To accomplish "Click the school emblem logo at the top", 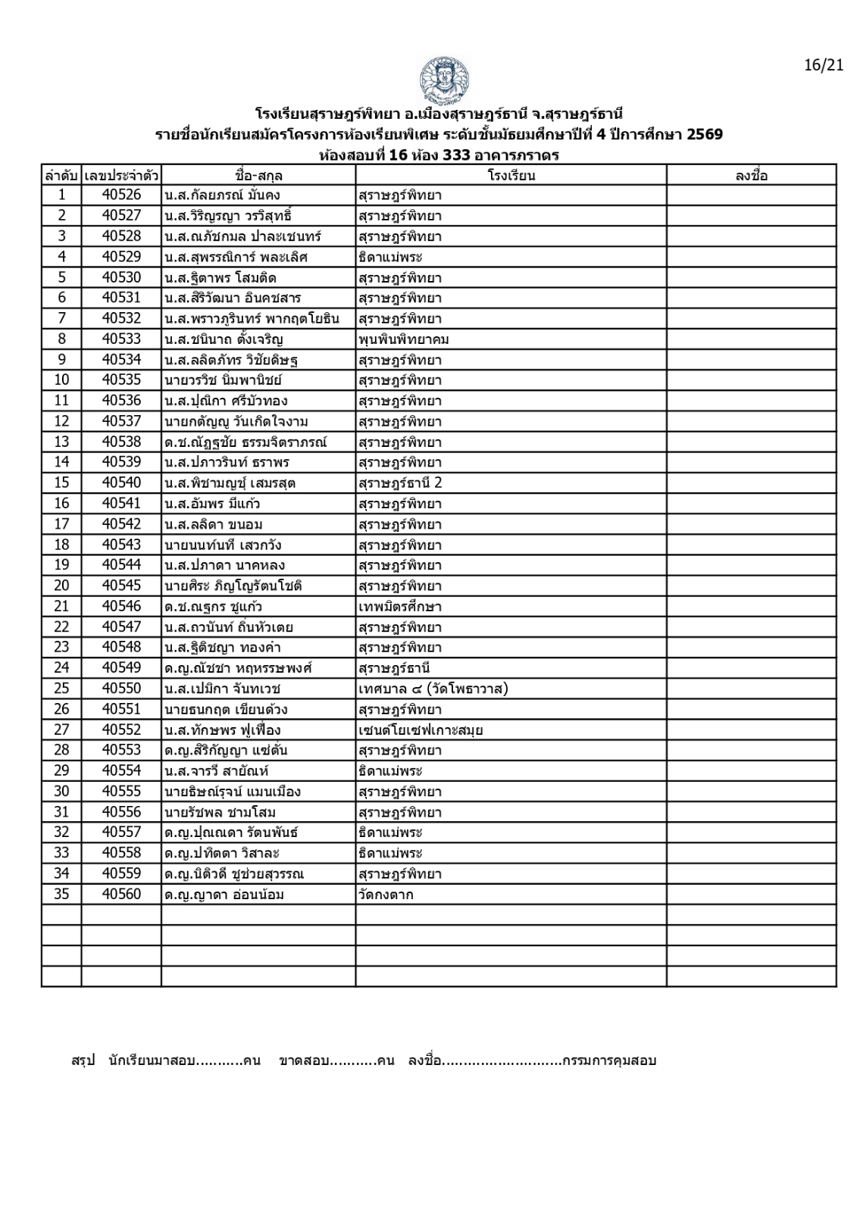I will pos(444,80).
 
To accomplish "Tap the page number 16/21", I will pos(824,65).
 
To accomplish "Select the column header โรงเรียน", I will pos(511,175).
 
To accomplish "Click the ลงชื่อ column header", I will pos(751,175).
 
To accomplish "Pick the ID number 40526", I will pos(121,195).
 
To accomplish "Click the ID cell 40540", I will pos(121,483).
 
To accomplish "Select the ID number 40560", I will pos(121,895).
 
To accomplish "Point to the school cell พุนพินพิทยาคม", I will pos(404,339).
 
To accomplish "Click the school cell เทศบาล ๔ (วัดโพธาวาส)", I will pos(433,689).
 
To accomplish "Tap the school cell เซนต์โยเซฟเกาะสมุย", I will pos(421,730).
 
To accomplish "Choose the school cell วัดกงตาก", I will pos(386,895).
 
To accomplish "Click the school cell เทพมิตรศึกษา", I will pos(399,607).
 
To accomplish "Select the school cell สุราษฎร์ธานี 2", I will pos(399,483).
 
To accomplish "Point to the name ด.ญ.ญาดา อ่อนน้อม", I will pos(224,895).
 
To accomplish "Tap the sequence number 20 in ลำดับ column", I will pos(61,586).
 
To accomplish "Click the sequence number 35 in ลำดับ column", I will pos(61,895).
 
